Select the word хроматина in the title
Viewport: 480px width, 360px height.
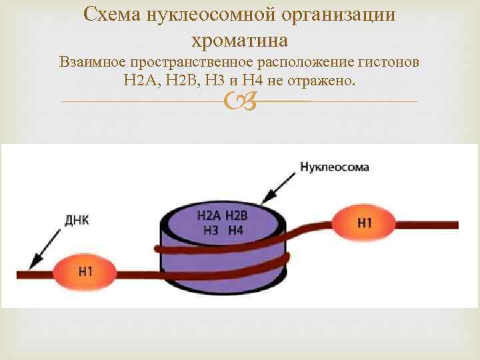pos(239,40)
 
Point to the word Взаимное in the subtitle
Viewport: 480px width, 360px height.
pos(91,63)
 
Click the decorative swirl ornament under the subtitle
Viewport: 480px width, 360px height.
pos(239,101)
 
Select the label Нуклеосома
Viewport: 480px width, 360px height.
pos(334,167)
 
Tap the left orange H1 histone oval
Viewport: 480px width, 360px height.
pos(85,271)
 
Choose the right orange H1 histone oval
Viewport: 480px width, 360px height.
pos(364,223)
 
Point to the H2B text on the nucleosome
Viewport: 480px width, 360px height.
pos(236,215)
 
